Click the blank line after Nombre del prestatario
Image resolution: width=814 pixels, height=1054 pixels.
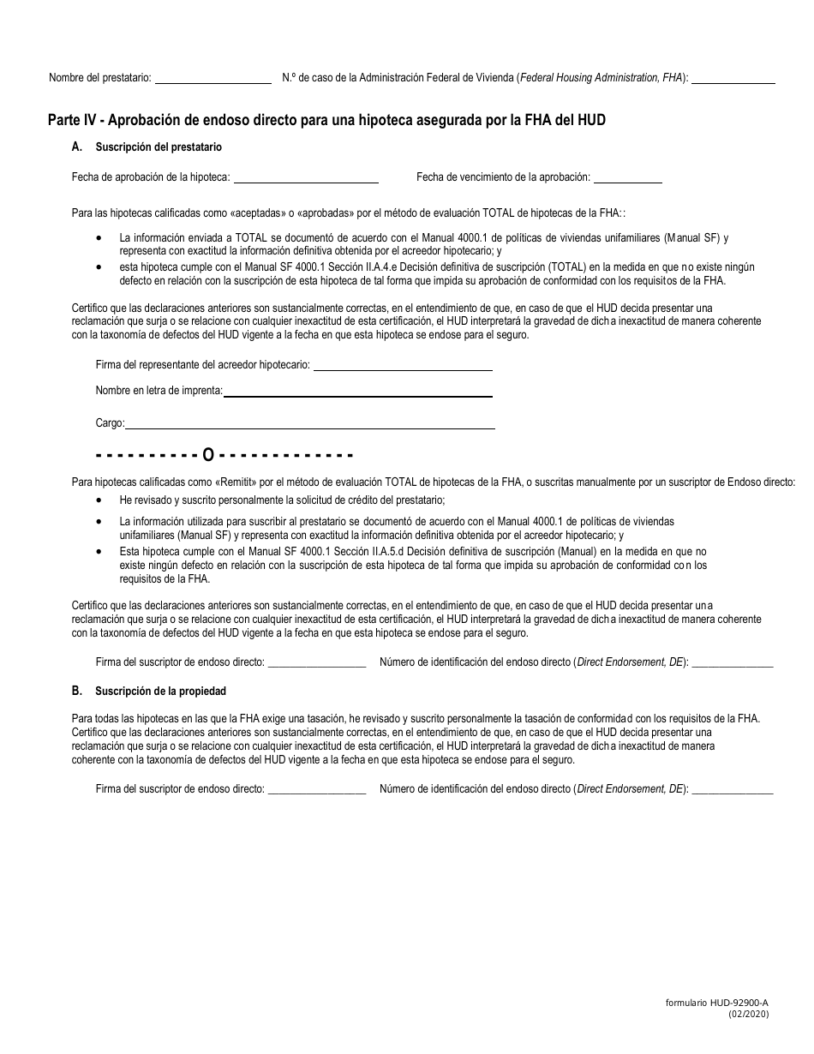(212, 79)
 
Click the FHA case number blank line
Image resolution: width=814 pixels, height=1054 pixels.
(733, 79)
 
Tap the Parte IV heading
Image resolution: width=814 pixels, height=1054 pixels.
(326, 120)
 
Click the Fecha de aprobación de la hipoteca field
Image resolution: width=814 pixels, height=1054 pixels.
(306, 178)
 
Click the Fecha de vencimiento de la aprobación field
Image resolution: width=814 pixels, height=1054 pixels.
(627, 178)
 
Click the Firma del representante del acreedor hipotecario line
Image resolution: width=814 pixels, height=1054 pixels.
(403, 366)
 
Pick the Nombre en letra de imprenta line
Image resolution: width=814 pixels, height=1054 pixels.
(357, 392)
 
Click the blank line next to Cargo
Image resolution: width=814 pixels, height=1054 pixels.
(309, 423)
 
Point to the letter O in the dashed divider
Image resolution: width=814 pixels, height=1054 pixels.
(207, 454)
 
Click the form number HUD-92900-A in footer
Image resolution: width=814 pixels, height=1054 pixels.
(716, 1003)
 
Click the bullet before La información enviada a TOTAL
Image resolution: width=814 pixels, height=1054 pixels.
(101, 238)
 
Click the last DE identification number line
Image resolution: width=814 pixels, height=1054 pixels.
(732, 790)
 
